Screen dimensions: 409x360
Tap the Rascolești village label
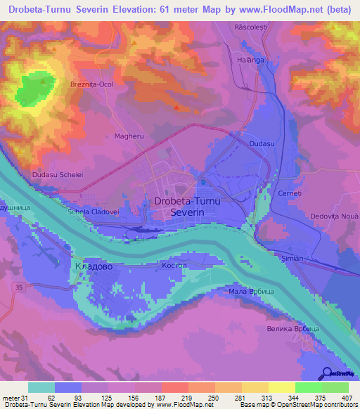click(x=251, y=26)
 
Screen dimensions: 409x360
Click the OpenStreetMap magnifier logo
click(x=328, y=374)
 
